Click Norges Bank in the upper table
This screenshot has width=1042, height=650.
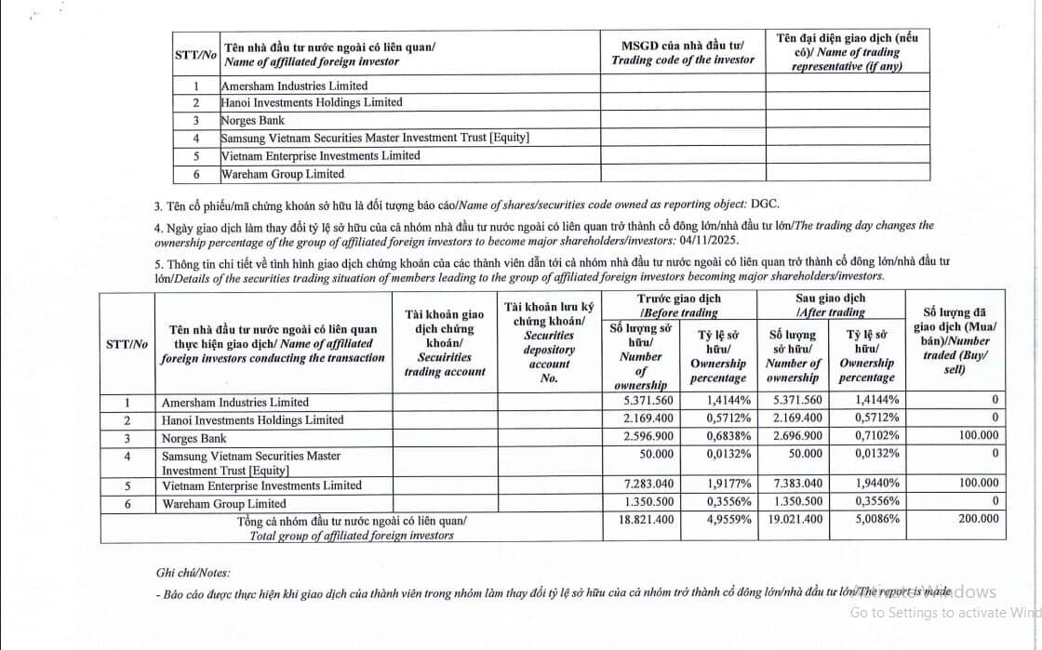point(252,120)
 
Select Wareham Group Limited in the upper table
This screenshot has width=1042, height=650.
point(282,174)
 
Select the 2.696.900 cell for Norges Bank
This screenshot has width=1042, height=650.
point(795,437)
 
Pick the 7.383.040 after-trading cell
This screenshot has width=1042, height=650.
point(795,484)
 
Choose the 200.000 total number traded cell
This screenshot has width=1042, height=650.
point(978,520)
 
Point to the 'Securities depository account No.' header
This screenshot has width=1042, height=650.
point(549,342)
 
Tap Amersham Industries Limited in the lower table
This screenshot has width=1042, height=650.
point(235,403)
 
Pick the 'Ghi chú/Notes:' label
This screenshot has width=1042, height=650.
point(193,573)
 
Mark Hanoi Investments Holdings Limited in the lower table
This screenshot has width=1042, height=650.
point(252,420)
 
